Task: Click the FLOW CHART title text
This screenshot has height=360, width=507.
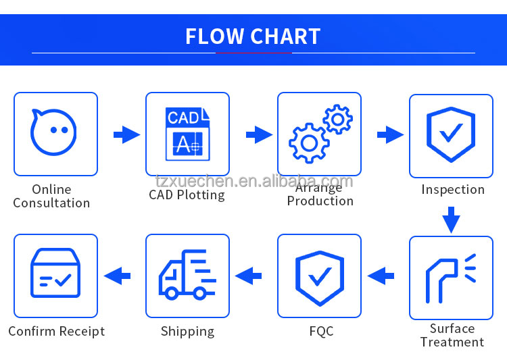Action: (x=253, y=36)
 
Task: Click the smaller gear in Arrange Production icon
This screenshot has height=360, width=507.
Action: (x=337, y=120)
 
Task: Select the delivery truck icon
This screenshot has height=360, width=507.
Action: (x=187, y=275)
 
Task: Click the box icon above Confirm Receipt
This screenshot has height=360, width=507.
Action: (x=55, y=275)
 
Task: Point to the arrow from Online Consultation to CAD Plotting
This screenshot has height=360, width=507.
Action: (x=126, y=135)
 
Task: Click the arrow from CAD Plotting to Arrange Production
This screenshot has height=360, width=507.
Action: (x=258, y=135)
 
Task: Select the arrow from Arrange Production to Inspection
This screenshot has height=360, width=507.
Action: (x=389, y=135)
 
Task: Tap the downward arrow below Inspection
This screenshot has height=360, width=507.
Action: (x=451, y=220)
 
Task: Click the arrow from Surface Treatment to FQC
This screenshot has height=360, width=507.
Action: (x=381, y=275)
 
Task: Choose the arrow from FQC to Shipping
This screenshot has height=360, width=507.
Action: (x=249, y=275)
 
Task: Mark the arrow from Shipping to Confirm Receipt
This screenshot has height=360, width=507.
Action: (x=117, y=275)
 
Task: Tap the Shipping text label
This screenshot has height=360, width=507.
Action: (x=187, y=331)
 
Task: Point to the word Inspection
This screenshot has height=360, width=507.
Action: (x=452, y=189)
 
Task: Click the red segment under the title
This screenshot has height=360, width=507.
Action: (x=253, y=53)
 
